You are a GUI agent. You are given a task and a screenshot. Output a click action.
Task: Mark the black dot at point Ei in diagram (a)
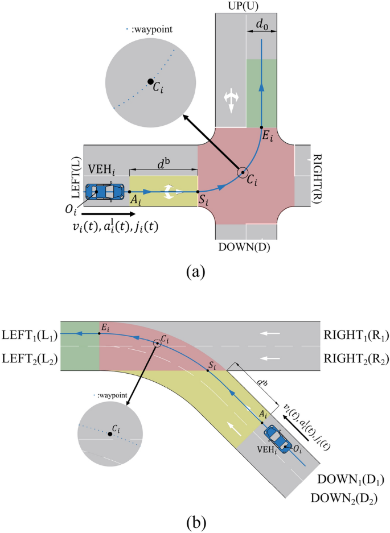pos(261,127)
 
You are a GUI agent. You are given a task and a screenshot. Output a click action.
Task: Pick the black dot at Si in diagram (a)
pos(198,192)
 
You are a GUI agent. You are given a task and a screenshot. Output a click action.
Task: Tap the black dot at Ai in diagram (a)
pos(130,192)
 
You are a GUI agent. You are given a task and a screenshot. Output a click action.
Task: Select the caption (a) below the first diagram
pos(195,271)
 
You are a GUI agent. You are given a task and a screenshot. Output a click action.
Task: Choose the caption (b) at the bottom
pos(195,521)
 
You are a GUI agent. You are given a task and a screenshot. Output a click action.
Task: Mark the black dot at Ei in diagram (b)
pos(100,334)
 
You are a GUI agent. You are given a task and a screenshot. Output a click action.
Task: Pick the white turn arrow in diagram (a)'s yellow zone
pos(169,192)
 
